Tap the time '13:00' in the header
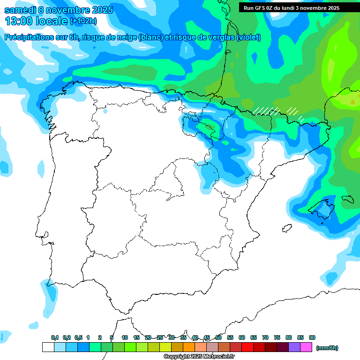point(18,21)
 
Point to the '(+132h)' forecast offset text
point(83,21)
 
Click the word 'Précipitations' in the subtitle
point(28,37)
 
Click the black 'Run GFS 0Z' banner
point(291,7)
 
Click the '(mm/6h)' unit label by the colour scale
point(327,348)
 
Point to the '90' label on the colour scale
point(312,337)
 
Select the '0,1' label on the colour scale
point(55,337)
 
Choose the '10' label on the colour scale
point(125,337)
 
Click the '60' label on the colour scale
point(242,337)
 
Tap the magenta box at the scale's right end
point(306,347)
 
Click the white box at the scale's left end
point(48,347)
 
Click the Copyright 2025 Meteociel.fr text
point(199,356)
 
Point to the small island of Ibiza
point(286,229)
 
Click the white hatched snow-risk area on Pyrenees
point(267,111)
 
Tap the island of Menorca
point(347,199)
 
